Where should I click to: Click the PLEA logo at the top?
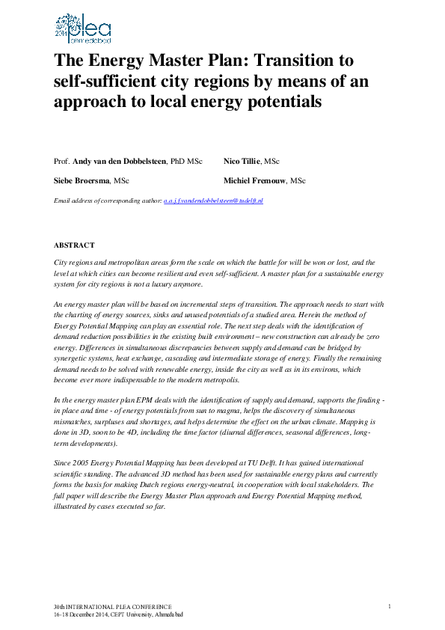(x=82, y=28)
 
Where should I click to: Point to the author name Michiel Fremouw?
(x=254, y=181)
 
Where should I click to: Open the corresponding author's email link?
(x=213, y=201)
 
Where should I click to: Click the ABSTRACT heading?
(x=74, y=245)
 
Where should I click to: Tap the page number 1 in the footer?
(x=390, y=605)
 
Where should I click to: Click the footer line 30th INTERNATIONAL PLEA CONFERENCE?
(x=113, y=606)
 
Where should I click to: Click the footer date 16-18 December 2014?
(x=82, y=614)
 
